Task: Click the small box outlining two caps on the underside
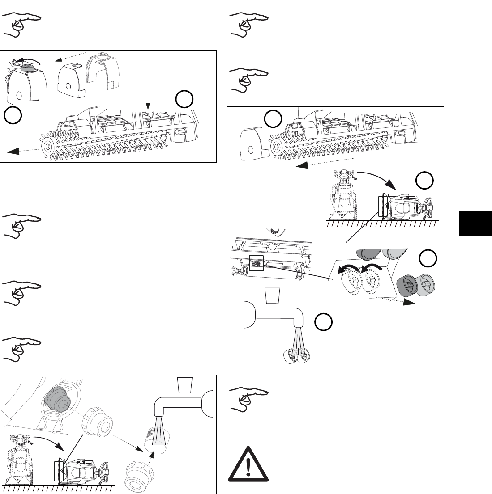coord(257,263)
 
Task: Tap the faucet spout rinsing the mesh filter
coord(179,411)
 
